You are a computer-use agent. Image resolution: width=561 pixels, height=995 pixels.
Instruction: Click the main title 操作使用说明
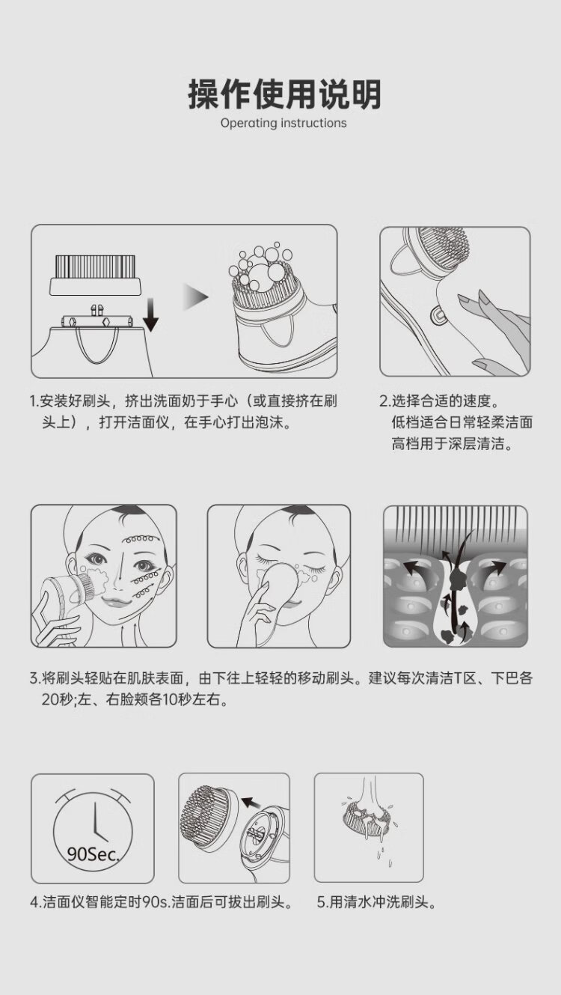coord(284,94)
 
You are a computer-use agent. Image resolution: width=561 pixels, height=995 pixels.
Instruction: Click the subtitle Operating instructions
coord(283,123)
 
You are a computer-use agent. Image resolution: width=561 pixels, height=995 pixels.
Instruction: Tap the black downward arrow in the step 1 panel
coord(151,315)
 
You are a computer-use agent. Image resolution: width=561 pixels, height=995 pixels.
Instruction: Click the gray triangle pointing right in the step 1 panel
coord(196,296)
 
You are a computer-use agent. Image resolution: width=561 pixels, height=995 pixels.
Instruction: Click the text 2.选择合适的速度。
coord(439,401)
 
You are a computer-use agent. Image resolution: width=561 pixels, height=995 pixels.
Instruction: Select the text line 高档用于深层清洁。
coord(453,444)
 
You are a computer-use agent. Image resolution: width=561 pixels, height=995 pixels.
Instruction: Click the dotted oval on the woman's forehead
coord(139,539)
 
